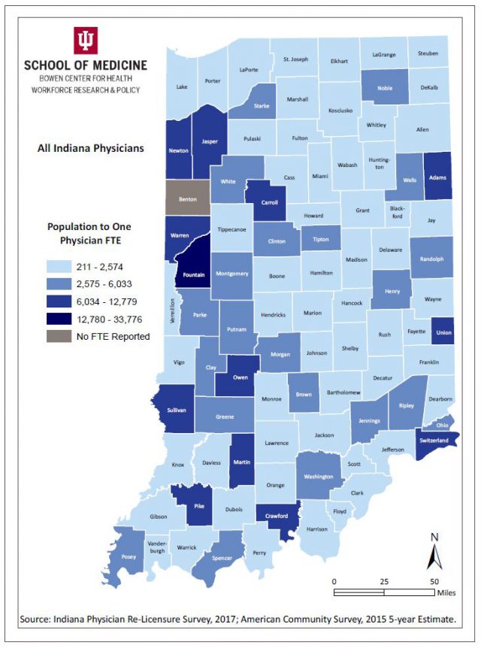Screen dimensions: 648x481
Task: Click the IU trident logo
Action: [85, 40]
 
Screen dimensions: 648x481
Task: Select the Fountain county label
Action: [193, 275]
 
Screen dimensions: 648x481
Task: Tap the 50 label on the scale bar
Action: [434, 581]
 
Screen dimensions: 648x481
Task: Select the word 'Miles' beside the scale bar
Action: [446, 592]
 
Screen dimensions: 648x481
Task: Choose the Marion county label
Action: [313, 313]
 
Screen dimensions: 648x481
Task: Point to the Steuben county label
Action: [428, 53]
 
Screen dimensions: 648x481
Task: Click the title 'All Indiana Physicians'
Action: [90, 148]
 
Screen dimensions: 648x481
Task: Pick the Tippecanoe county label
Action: [232, 230]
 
